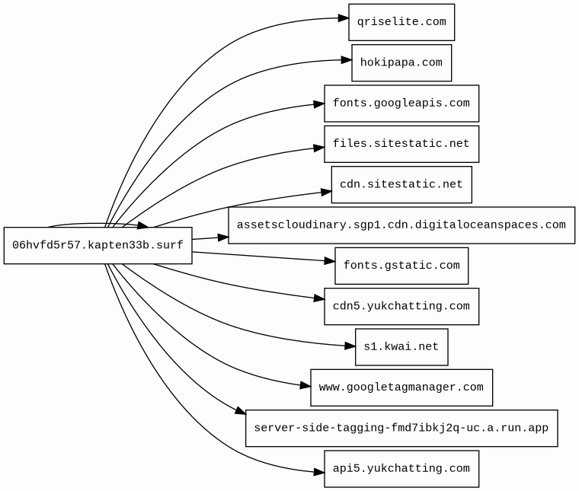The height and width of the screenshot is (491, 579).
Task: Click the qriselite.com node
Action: click(401, 22)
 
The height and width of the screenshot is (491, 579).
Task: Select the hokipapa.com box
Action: click(401, 62)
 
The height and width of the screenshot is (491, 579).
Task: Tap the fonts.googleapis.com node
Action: click(401, 104)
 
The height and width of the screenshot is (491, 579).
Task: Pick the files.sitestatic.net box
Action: click(401, 144)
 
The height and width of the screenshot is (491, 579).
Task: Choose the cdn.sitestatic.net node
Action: click(401, 184)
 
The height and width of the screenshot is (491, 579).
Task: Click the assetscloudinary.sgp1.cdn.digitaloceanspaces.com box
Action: click(401, 225)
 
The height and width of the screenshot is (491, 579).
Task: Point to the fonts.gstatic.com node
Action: click(401, 266)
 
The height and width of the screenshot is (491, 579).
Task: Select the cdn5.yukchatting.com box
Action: click(401, 306)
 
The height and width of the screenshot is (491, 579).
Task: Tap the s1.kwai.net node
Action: click(401, 347)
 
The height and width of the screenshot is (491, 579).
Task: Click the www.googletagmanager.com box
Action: click(401, 387)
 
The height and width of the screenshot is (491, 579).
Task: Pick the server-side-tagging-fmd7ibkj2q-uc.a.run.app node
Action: click(401, 428)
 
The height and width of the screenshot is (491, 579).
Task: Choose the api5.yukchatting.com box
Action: click(401, 468)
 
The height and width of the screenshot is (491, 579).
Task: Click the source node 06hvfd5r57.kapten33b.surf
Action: click(98, 245)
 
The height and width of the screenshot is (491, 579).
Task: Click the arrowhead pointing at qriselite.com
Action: click(344, 18)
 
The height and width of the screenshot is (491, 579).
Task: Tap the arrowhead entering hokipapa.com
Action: click(347, 60)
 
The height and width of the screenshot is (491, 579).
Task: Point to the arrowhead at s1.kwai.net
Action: click(350, 346)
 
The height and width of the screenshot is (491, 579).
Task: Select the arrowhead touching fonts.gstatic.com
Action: click(329, 261)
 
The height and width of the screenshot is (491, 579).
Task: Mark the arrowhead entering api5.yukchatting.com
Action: click(319, 471)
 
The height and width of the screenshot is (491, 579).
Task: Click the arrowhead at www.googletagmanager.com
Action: click(305, 385)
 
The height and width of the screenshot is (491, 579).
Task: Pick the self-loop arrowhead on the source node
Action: click(143, 225)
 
